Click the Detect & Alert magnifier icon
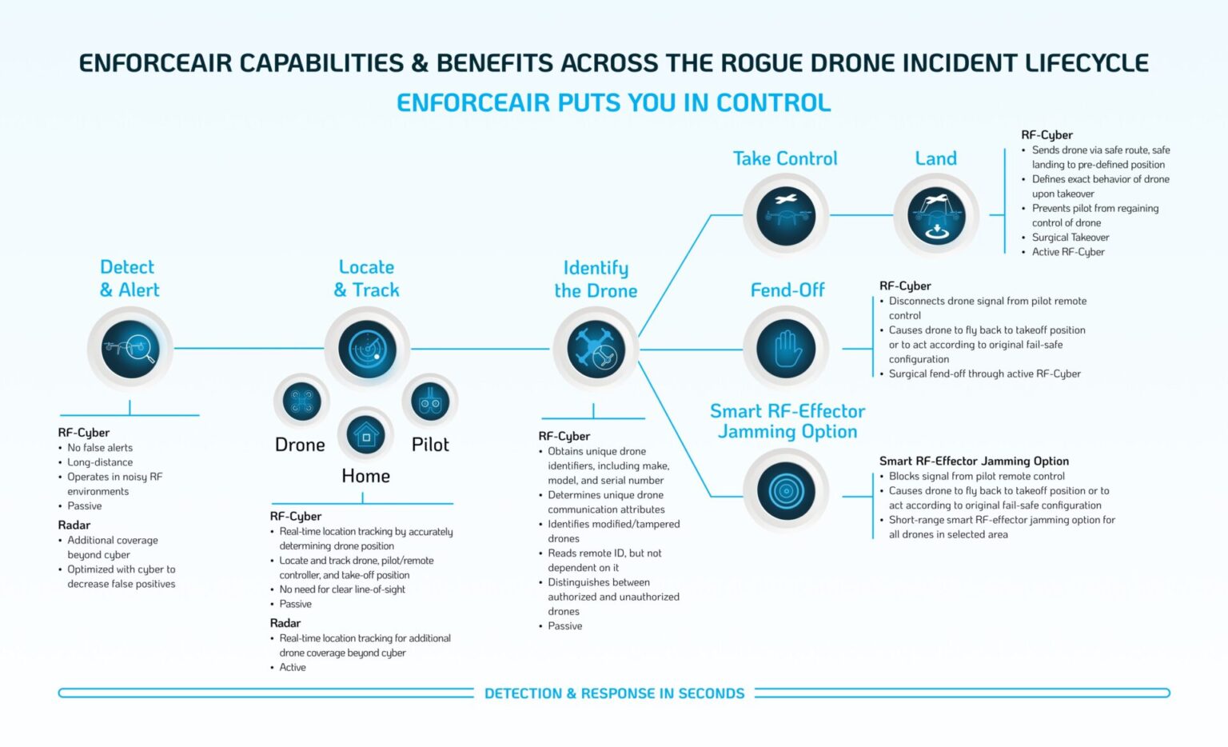click(x=130, y=349)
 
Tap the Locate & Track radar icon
click(x=367, y=349)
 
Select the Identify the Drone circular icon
click(x=596, y=350)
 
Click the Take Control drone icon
click(x=786, y=216)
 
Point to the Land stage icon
click(x=936, y=216)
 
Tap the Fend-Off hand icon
click(x=786, y=349)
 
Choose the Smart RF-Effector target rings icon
click(x=786, y=491)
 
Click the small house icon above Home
click(x=365, y=435)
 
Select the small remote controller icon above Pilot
click(x=430, y=401)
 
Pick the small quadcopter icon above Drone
click(x=301, y=401)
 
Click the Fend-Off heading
click(x=787, y=290)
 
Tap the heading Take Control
click(x=785, y=158)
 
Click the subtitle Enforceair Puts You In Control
click(x=614, y=102)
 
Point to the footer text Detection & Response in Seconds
click(x=615, y=693)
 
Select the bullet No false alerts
click(x=100, y=448)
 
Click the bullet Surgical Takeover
click(x=1071, y=237)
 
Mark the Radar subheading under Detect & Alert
click(x=74, y=525)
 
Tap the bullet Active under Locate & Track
click(x=292, y=667)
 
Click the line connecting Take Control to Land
click(x=861, y=215)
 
